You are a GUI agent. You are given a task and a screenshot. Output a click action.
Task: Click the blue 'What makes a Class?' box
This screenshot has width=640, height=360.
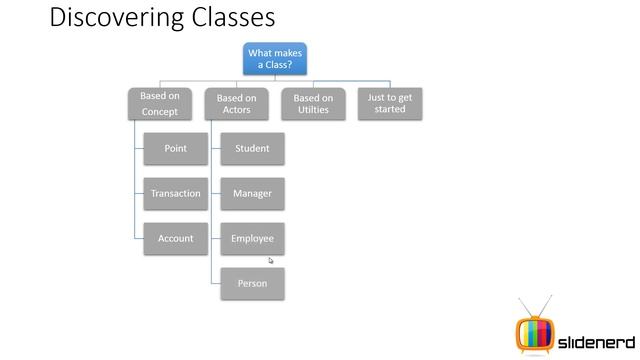(275, 59)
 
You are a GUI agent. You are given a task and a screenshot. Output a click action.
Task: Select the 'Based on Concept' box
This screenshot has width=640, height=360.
(160, 104)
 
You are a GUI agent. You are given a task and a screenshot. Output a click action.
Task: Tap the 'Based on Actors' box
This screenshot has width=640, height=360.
(236, 104)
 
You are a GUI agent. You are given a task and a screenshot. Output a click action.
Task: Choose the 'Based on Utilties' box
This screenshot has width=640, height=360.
(313, 104)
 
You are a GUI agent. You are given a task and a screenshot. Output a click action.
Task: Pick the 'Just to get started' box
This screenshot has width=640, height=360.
(390, 103)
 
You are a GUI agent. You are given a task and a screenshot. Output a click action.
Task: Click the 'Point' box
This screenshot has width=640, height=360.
(175, 149)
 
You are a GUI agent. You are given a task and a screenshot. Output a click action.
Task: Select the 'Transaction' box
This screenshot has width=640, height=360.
(175, 193)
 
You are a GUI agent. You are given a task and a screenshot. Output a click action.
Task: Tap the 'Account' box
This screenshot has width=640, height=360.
(175, 239)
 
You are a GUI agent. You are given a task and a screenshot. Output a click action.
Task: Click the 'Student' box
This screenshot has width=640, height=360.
(252, 149)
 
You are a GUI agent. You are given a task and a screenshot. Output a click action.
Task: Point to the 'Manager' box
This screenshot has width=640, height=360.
(252, 193)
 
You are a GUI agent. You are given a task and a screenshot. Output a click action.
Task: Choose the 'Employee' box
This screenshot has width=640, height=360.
(252, 239)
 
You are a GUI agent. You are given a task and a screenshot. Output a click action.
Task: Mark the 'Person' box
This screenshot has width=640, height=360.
(252, 284)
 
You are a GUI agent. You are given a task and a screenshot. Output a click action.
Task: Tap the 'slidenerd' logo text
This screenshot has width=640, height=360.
(592, 334)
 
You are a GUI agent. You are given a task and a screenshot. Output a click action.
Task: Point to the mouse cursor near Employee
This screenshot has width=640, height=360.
(270, 260)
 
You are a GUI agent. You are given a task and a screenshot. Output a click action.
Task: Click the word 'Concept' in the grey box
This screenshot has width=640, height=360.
(160, 111)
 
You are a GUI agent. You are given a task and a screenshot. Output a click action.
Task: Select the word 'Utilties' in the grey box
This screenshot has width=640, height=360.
(313, 110)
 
